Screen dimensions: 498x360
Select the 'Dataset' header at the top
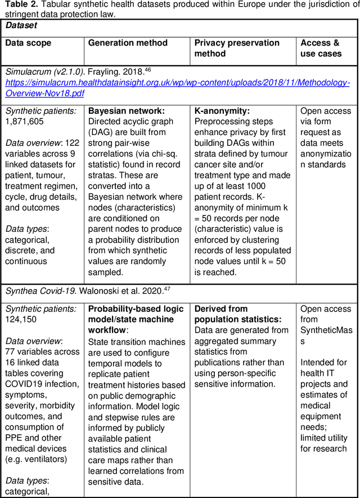[21, 25]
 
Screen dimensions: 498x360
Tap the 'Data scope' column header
[28, 43]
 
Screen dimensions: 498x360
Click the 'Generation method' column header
[128, 43]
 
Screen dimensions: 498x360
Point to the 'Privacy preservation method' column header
[237, 48]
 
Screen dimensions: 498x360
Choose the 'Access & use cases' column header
[321, 48]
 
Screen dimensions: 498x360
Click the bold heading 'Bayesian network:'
[127, 111]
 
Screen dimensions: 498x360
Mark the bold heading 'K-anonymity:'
[222, 111]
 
